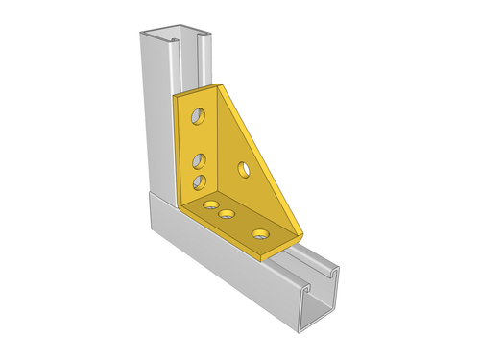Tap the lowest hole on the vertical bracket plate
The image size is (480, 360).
[x=199, y=180]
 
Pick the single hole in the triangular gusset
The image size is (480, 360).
[x=244, y=170]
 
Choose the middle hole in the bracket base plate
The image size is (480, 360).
[x=228, y=213]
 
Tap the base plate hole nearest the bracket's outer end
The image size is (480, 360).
[x=260, y=232]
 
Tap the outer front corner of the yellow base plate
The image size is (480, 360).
[x=269, y=257]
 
